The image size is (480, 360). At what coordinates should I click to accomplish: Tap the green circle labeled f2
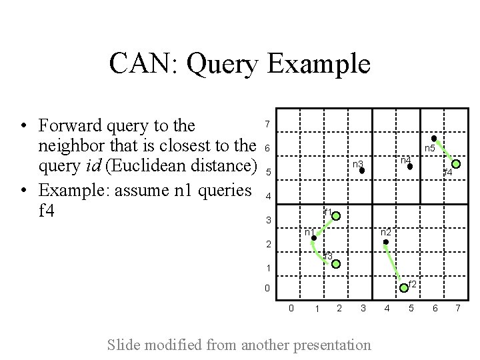[x=403, y=288]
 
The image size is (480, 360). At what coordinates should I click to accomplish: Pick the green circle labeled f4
[x=457, y=163]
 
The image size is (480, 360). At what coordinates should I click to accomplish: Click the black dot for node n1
[x=314, y=238]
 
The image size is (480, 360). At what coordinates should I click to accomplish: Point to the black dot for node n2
[x=385, y=242]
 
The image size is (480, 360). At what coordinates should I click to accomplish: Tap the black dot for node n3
[x=361, y=171]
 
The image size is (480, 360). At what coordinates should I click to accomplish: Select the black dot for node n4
[x=410, y=167]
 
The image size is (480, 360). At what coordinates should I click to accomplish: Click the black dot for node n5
[x=434, y=139]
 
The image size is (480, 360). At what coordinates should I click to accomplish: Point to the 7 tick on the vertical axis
[x=267, y=125]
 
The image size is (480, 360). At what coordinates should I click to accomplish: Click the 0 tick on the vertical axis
[x=267, y=289]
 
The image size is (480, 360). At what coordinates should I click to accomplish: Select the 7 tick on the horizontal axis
[x=458, y=308]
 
